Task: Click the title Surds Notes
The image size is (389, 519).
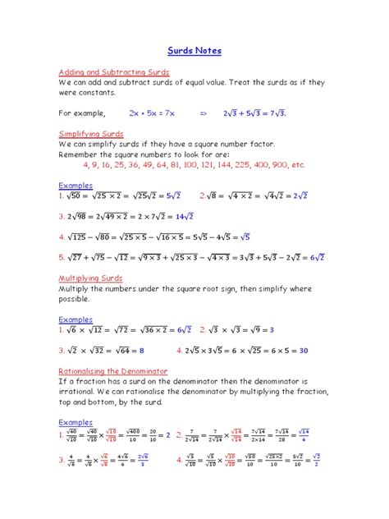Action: pos(194,51)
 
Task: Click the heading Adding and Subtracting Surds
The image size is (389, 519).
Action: pos(113,71)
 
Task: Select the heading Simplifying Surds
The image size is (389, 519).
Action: pos(91,133)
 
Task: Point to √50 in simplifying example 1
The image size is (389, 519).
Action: pos(76,196)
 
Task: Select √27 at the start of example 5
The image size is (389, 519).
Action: pos(76,257)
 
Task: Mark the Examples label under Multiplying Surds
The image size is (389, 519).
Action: pos(76,319)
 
